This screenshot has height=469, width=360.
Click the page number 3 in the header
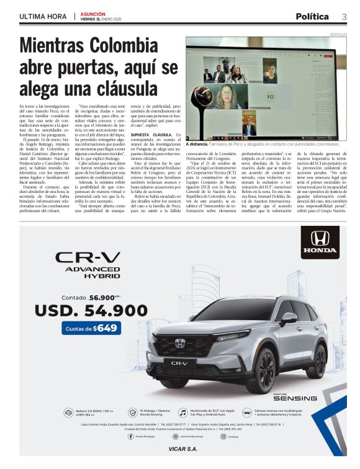coord(344,17)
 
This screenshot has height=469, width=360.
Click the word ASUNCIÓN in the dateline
coord(93,13)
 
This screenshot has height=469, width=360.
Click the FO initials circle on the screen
coord(270,97)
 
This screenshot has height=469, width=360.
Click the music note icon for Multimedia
coord(182,412)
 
